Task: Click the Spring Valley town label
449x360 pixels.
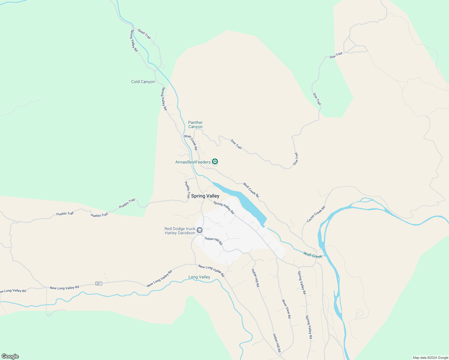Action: pos(205,196)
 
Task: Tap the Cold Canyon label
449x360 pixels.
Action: pos(143,82)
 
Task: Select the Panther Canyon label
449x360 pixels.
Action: pos(195,124)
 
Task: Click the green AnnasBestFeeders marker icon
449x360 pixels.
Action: pos(215,162)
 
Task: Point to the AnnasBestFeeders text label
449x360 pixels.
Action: pos(193,162)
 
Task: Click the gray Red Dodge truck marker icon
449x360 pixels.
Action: pos(200,230)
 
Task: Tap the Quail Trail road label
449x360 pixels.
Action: pos(144,34)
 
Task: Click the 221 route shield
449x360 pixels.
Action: pos(98,283)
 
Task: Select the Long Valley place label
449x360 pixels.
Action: pos(199,277)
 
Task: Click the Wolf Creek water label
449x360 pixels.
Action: pos(313,255)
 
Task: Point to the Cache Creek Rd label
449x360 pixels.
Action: pos(316,214)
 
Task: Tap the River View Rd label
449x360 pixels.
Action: pos(286,309)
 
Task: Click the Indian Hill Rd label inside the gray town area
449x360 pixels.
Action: pos(213,240)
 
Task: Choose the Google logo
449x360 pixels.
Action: pos(10,356)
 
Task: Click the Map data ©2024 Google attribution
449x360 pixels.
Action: pos(430,358)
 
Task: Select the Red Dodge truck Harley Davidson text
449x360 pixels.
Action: pos(180,231)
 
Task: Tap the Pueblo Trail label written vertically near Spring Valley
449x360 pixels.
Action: pos(187,190)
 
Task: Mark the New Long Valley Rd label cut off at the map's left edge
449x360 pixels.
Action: pos(13,291)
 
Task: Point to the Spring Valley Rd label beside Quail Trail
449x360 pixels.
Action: pos(134,40)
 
